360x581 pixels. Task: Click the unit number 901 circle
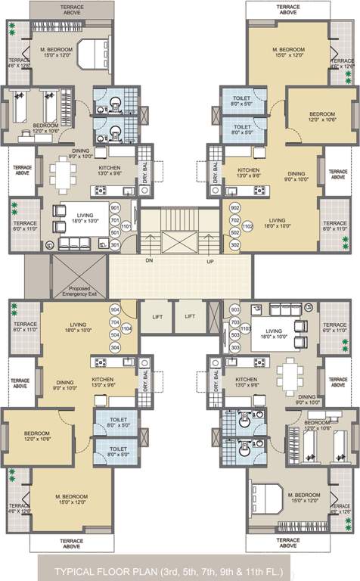point(115,207)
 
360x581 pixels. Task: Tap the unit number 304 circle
point(115,347)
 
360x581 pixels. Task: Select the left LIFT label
point(157,317)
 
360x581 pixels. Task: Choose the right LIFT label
point(191,317)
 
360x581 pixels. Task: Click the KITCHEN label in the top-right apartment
point(249,171)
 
